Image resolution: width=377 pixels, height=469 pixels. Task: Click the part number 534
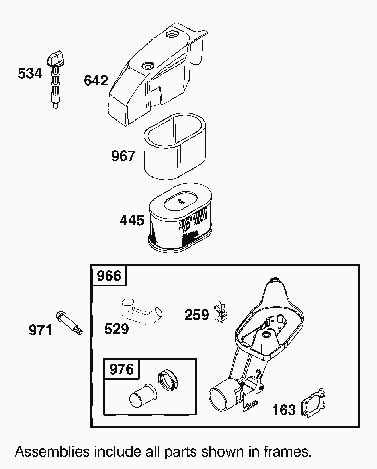click(x=30, y=74)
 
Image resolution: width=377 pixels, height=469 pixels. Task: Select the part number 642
click(x=96, y=81)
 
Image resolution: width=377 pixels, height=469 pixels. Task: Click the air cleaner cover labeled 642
click(x=151, y=76)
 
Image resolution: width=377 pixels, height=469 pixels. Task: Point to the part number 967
click(x=123, y=156)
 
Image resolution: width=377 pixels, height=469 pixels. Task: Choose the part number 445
click(x=132, y=220)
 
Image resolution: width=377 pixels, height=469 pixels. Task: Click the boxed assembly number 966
click(x=109, y=276)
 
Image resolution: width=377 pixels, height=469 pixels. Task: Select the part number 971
click(x=40, y=330)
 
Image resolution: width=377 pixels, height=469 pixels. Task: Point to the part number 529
click(x=117, y=329)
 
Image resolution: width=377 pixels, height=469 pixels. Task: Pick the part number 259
click(x=197, y=315)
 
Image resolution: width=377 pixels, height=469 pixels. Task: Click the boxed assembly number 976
click(x=122, y=369)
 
